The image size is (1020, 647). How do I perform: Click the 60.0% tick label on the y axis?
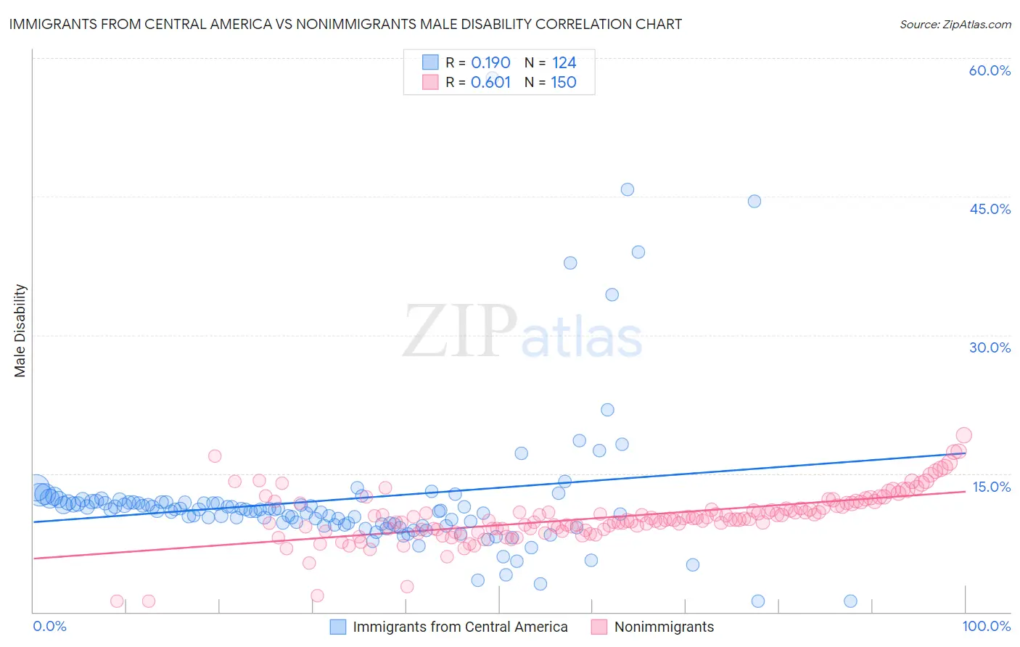(x=990, y=71)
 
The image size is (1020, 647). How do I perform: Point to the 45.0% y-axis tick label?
(x=990, y=209)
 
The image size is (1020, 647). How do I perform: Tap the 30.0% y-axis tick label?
(x=990, y=347)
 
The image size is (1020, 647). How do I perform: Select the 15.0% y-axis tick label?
(x=991, y=487)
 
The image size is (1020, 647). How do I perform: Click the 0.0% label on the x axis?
(x=50, y=626)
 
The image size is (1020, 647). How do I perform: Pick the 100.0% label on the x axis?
(x=986, y=626)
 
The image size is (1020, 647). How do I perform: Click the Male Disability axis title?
(x=20, y=330)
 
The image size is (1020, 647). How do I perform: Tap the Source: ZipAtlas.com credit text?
(x=955, y=24)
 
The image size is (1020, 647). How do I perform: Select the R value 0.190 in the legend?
(x=490, y=62)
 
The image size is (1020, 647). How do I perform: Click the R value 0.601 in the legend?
(x=490, y=82)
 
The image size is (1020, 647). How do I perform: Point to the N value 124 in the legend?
(x=564, y=62)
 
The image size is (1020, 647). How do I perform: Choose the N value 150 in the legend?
(x=564, y=82)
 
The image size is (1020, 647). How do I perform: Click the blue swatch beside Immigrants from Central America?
(x=338, y=627)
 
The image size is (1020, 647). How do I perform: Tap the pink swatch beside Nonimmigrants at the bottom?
(x=599, y=627)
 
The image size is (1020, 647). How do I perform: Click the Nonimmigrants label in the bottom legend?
(x=664, y=627)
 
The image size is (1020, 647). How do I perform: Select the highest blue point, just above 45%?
(x=628, y=189)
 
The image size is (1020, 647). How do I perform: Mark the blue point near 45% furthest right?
(x=754, y=201)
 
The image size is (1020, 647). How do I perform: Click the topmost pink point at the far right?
(x=964, y=435)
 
